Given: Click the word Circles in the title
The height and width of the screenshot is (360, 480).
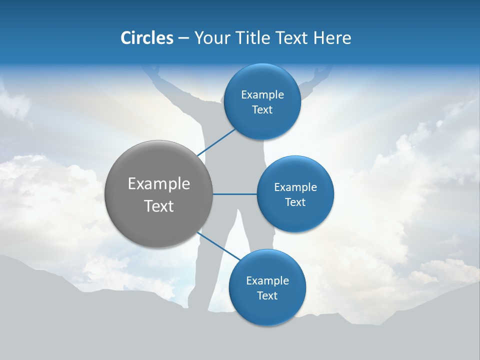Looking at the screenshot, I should [146, 38].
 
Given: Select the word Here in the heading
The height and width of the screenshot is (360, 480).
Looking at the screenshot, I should [332, 38].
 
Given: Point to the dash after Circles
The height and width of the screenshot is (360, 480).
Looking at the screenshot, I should [183, 38].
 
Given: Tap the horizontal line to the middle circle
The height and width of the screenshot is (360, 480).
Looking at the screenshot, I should [234, 194].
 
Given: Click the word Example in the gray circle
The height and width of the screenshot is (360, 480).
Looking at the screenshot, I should [158, 184].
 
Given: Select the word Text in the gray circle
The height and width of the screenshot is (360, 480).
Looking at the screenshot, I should [158, 206].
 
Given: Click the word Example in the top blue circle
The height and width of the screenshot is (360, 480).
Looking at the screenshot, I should [262, 94].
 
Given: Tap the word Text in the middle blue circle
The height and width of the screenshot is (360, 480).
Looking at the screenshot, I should [295, 202].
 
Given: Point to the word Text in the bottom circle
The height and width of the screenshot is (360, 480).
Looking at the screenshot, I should [267, 296].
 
